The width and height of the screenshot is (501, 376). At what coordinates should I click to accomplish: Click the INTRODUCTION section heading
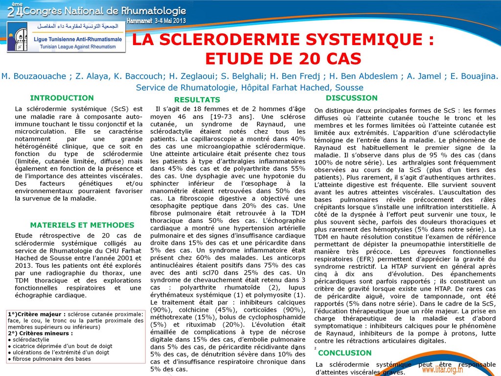tap(62, 98)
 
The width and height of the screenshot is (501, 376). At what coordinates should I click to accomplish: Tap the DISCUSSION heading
tap(352, 98)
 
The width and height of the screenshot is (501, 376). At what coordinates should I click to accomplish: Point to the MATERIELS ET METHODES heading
tap(82, 225)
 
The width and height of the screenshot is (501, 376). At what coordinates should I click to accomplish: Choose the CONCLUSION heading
tap(345, 352)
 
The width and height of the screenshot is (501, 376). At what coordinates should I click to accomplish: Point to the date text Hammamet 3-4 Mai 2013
tap(156, 21)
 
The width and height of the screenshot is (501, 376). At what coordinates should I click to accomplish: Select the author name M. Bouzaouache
tap(33, 76)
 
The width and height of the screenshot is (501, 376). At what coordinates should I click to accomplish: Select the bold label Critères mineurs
tap(43, 333)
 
